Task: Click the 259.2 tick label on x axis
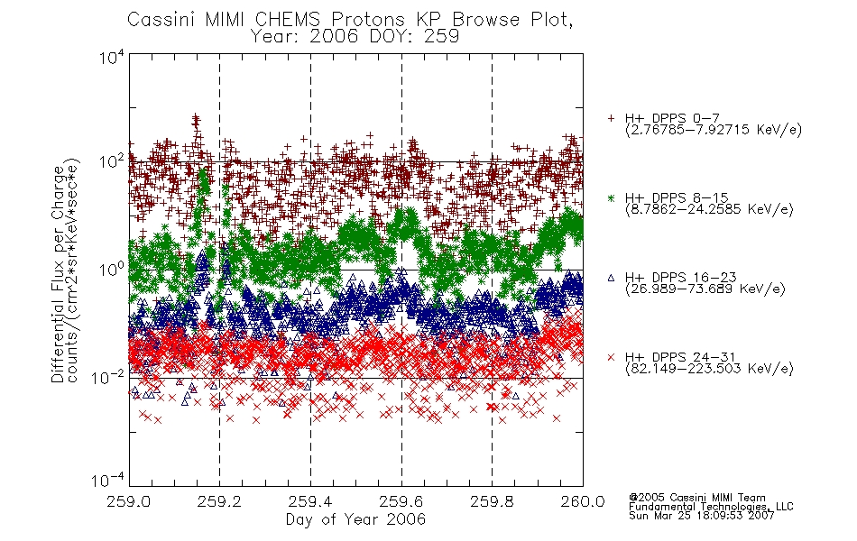coord(219,501)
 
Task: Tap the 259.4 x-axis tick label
coord(310,501)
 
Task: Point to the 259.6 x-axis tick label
coord(401,501)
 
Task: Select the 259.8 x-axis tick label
coord(492,501)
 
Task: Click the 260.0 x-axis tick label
coord(583,501)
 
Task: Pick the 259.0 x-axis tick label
coord(129,501)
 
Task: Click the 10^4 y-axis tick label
coord(112,58)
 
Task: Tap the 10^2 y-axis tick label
coord(112,162)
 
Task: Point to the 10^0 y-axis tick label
coord(112,270)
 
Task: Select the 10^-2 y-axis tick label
coord(108,377)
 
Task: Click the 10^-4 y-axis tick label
coord(108,481)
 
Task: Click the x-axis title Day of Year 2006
coord(355,519)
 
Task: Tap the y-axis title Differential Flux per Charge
coord(58,274)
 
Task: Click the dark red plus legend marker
coord(611,118)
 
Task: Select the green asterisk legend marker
coord(611,197)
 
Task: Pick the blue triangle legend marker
coord(611,278)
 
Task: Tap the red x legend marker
coord(611,357)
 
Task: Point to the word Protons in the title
coord(367,20)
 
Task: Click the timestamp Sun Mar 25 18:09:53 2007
coord(702,516)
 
